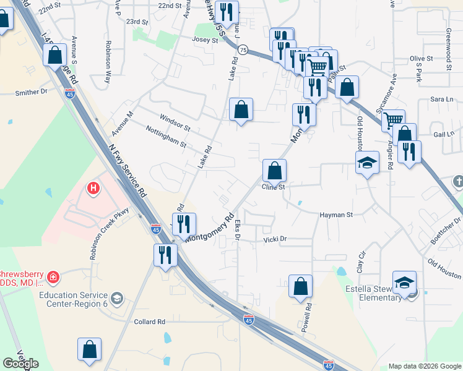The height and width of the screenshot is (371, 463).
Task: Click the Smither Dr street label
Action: pos(31,92)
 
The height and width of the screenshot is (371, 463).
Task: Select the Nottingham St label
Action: pos(165,137)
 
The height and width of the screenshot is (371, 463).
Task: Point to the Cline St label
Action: pos(272,187)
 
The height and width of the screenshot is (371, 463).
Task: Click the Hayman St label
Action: pos(336,215)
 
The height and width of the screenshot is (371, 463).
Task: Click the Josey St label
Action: pos(206,40)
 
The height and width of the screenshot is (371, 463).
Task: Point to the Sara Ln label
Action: pos(441,99)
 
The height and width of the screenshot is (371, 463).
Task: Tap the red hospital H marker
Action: pos(93,187)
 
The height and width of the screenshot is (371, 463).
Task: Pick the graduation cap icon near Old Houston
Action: pos(367,163)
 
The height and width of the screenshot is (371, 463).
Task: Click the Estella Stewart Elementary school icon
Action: pos(404,283)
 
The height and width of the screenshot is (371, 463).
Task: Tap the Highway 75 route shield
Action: pos(243,50)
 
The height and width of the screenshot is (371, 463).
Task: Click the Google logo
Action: pos(20,364)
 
